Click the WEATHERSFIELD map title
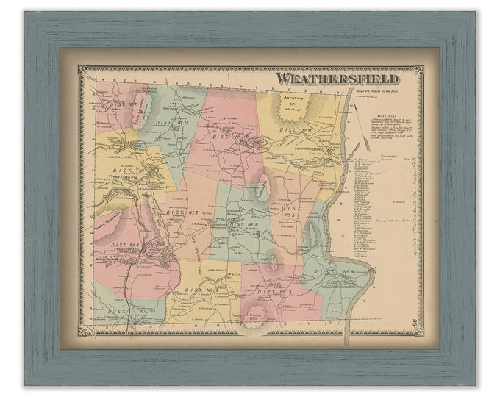tap(337, 79)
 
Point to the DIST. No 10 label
tap(298, 130)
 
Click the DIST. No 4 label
tap(335, 273)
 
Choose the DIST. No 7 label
tap(186, 213)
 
